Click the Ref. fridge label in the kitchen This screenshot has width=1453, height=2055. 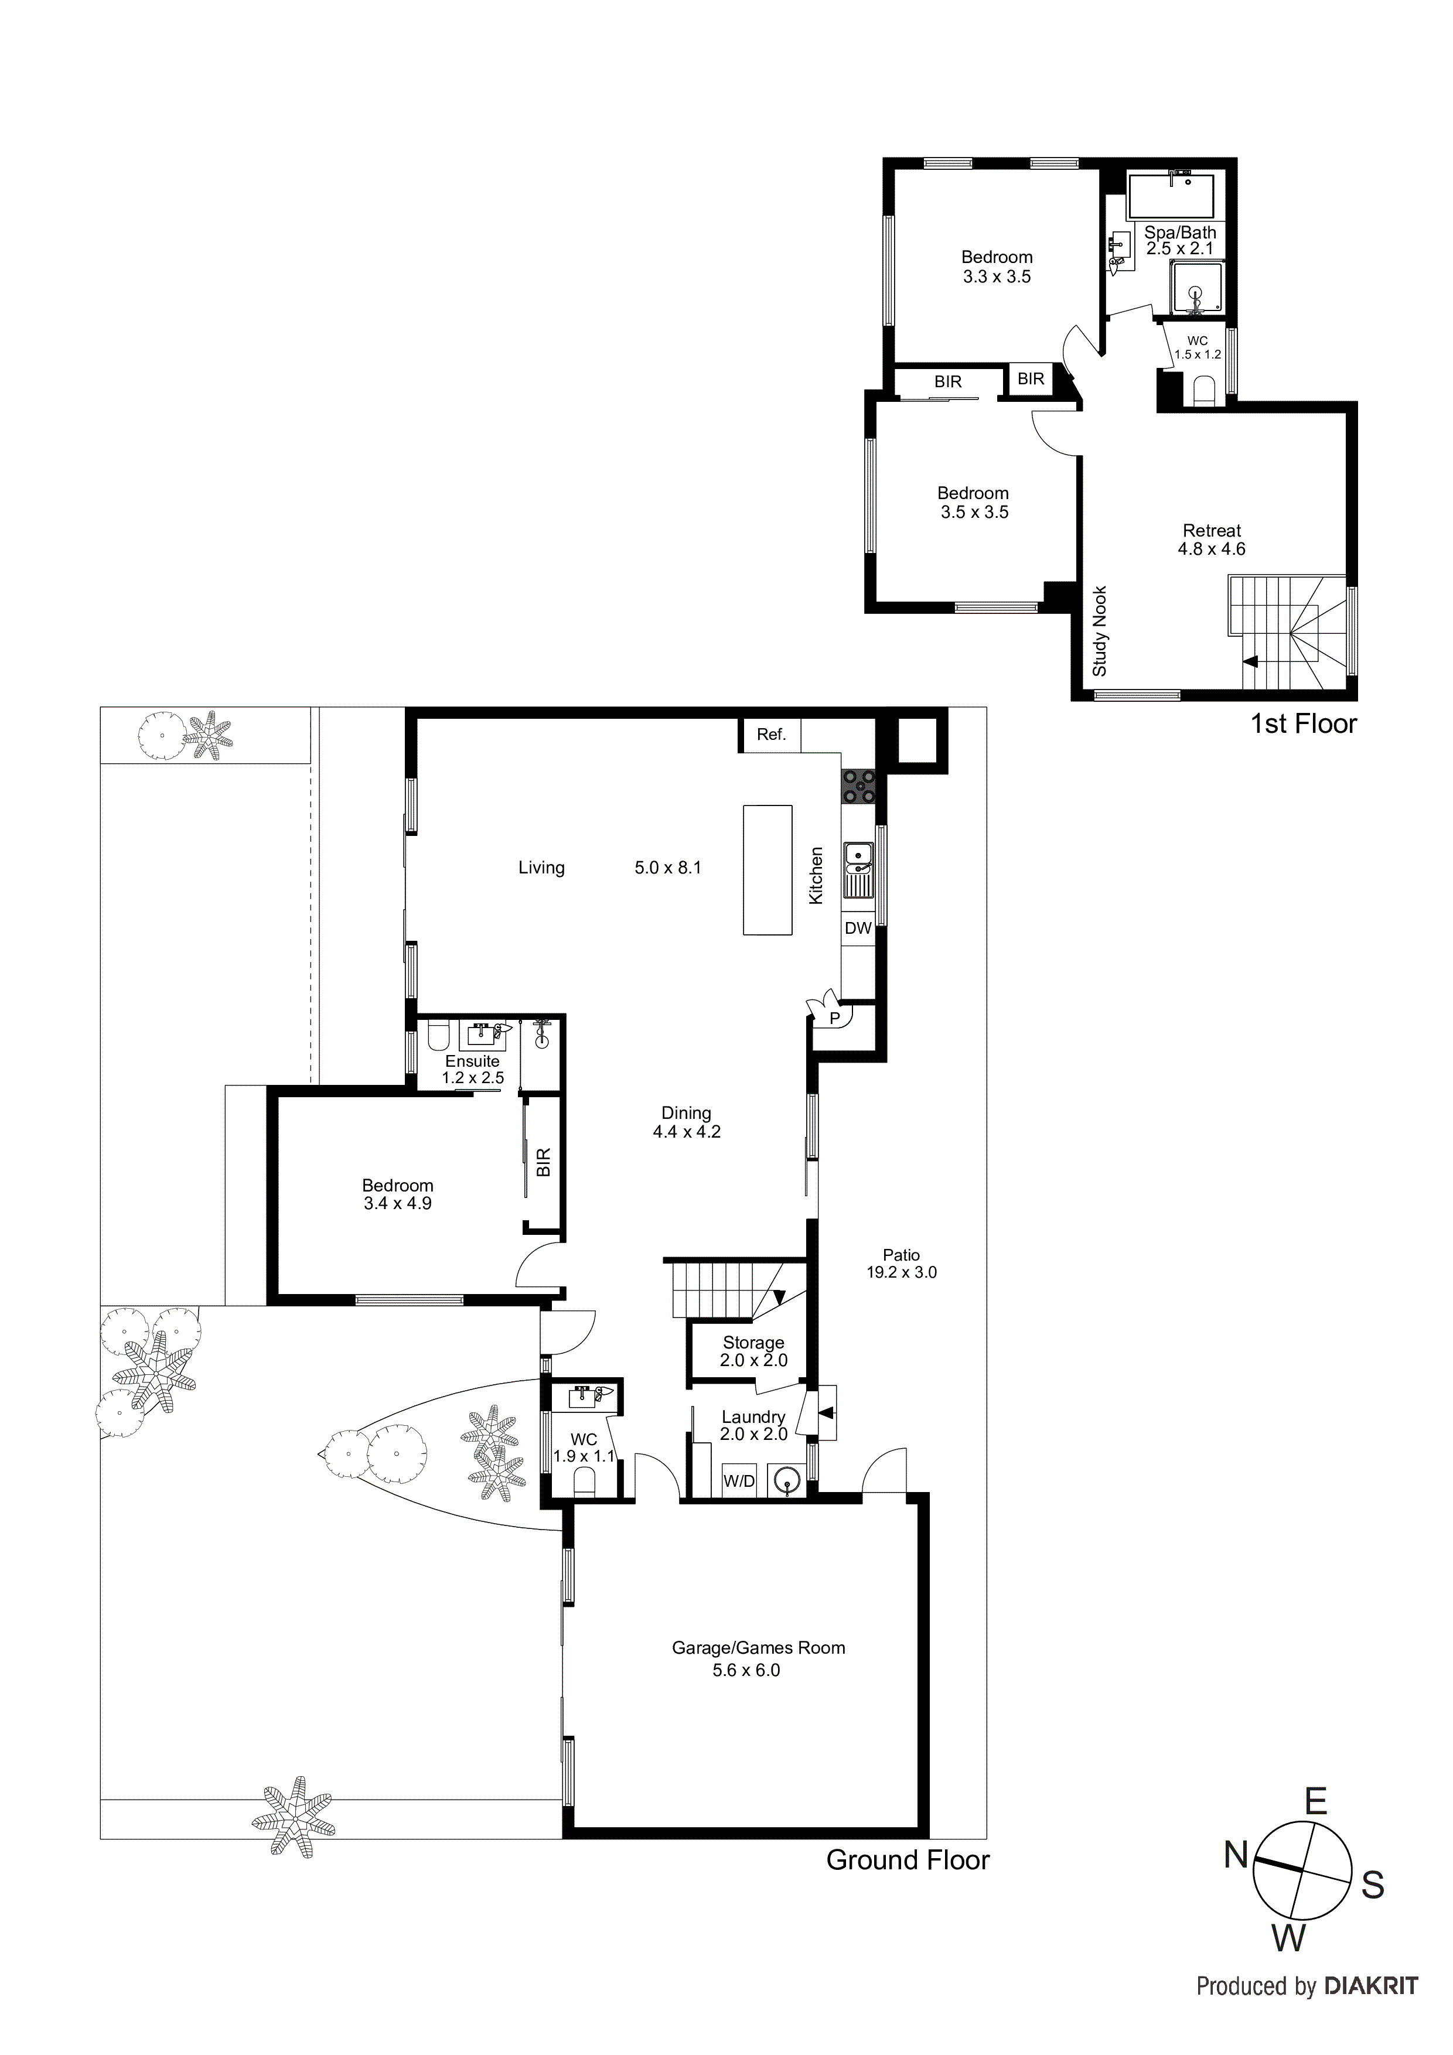click(771, 735)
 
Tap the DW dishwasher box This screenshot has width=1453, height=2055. click(858, 928)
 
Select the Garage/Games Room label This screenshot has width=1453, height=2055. click(758, 1648)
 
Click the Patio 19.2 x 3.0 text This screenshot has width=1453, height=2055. click(901, 1263)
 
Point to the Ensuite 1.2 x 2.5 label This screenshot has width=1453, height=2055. click(473, 1069)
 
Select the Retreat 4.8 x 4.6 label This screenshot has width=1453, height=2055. click(1211, 540)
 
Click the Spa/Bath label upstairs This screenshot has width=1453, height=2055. click(1180, 240)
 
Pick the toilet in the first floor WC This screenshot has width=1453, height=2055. click(1204, 391)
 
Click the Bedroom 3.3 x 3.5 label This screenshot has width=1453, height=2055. click(997, 267)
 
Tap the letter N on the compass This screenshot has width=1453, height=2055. click(1236, 1856)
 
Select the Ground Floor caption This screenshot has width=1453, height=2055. click(907, 1860)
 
